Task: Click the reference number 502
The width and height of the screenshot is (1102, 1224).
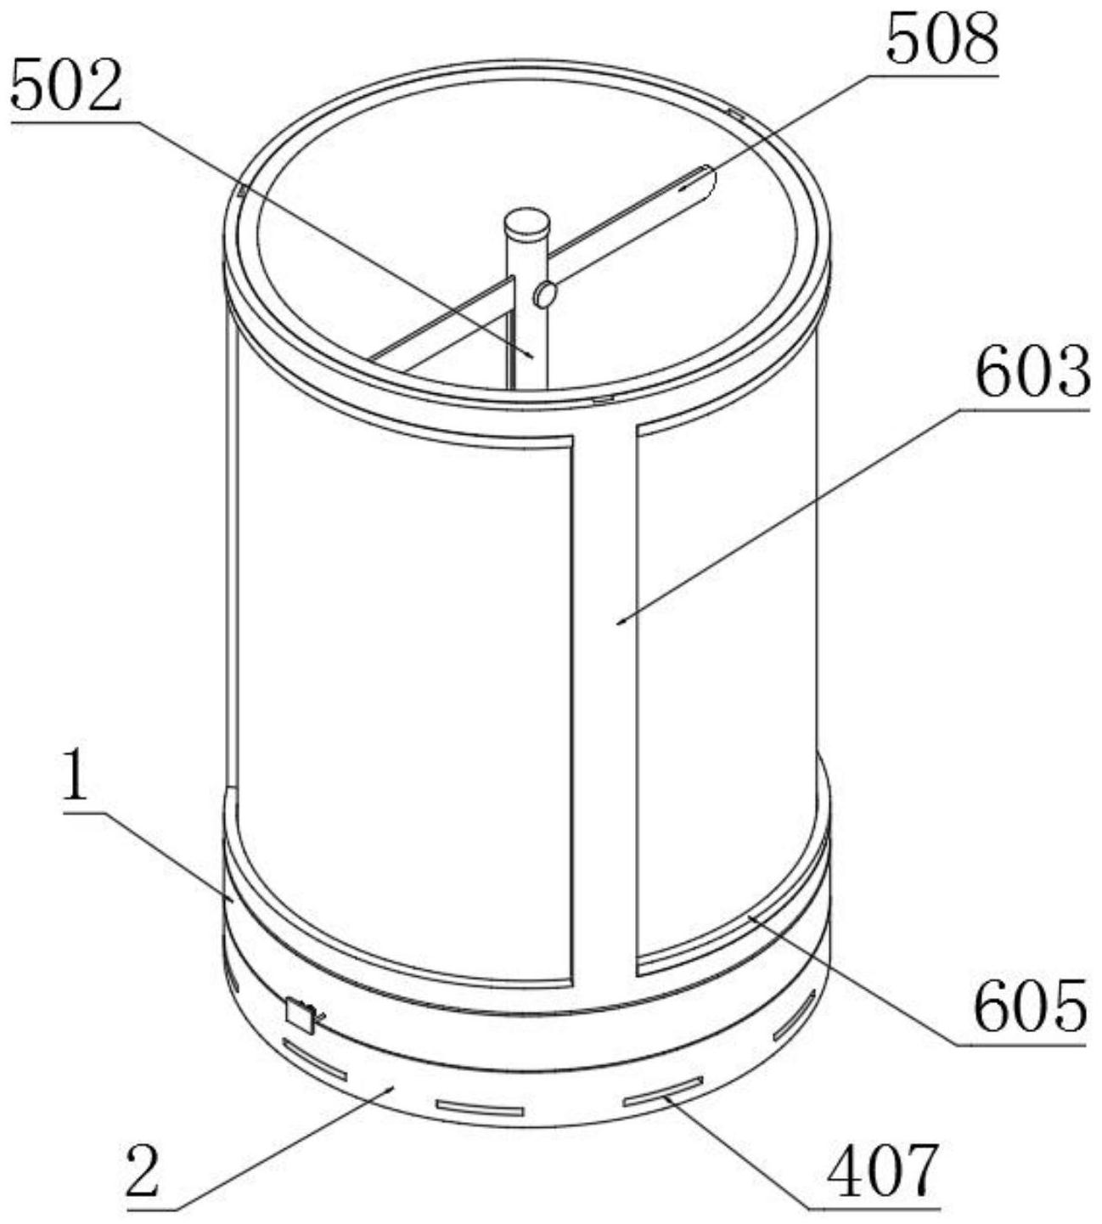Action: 66,86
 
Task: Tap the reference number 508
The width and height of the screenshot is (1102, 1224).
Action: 942,39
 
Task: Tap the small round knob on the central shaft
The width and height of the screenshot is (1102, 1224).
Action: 544,296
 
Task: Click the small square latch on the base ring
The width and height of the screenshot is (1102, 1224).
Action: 301,1016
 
